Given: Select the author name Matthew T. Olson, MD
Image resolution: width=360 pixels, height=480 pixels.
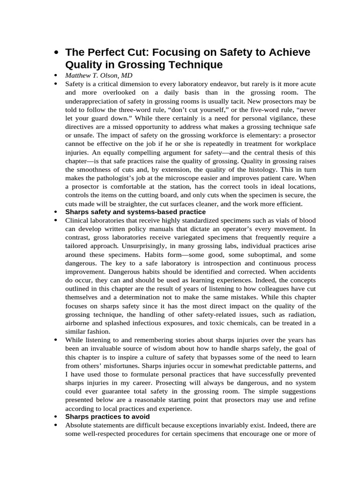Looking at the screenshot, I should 98,75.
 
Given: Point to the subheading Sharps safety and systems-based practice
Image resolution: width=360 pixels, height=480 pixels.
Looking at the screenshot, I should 135,212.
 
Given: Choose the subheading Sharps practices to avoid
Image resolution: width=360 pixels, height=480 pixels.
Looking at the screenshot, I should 107,416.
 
